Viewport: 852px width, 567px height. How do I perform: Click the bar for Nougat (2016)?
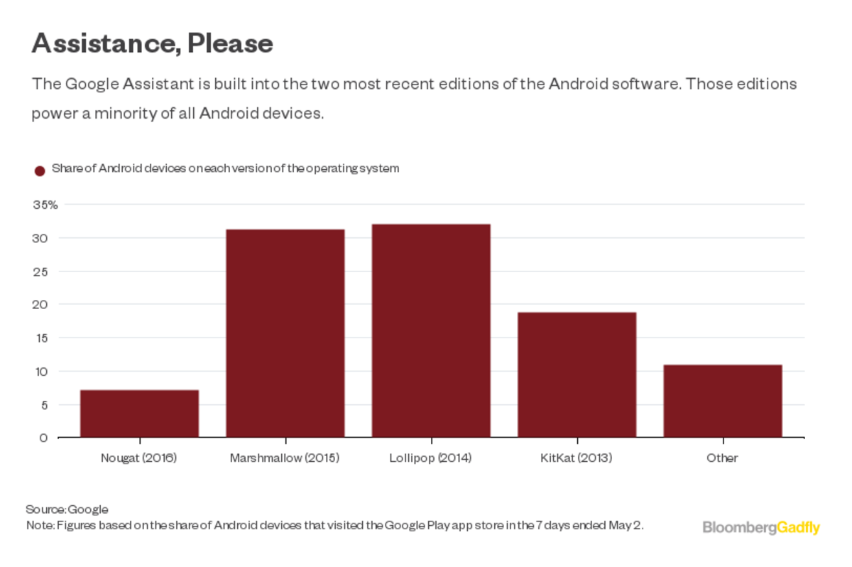pos(139,414)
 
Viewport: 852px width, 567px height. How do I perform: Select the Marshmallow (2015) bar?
pos(285,333)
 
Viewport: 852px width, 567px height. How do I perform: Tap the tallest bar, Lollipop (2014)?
pos(431,330)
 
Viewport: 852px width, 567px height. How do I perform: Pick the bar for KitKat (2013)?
pos(577,374)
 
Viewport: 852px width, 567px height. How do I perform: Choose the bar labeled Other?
pos(723,401)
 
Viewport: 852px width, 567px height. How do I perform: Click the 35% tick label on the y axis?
pos(45,205)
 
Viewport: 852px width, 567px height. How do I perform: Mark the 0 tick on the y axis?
pos(44,438)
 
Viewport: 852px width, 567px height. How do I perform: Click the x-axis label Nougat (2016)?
pos(139,458)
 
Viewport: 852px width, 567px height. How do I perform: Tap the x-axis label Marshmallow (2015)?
pos(285,458)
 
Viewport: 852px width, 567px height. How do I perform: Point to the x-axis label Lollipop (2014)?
pos(431,458)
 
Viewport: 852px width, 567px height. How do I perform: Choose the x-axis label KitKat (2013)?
pos(577,458)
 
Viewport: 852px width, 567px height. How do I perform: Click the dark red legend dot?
pos(40,171)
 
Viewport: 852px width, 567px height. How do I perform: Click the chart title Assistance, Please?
pos(152,44)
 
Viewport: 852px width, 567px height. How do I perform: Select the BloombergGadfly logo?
pos(761,527)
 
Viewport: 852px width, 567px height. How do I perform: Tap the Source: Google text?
pos(67,509)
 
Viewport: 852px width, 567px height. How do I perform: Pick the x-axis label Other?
pos(722,458)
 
